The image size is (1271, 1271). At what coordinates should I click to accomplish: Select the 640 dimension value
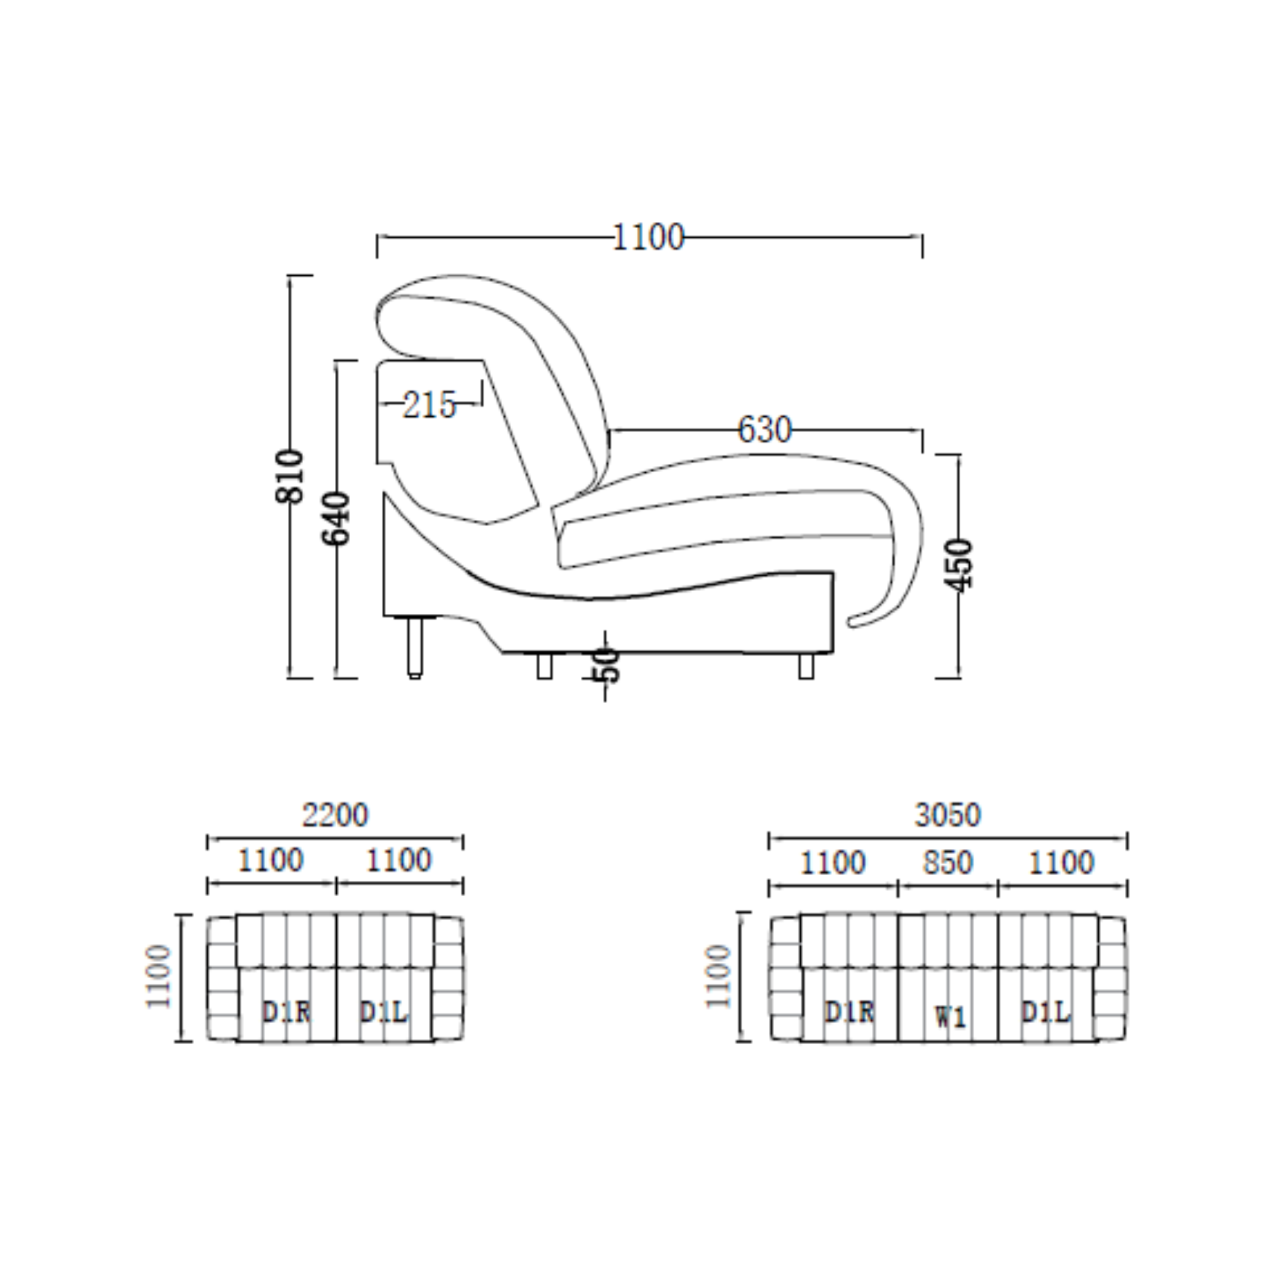(336, 519)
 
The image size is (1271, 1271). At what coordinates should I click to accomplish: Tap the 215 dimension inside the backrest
(429, 405)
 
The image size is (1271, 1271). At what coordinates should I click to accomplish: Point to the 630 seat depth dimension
(765, 430)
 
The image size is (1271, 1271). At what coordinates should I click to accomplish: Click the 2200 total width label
(336, 815)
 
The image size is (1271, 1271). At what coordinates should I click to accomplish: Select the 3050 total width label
(948, 815)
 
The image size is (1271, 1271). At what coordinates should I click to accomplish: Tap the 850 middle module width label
(948, 862)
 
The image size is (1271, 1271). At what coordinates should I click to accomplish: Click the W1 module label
(951, 1017)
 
